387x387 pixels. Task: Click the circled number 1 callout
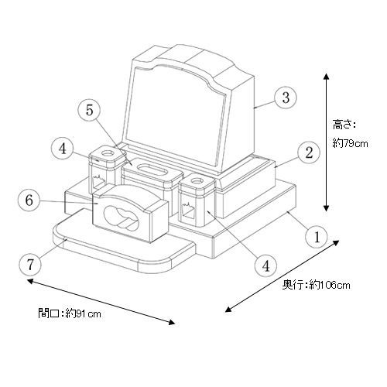pyautogui.click(x=317, y=236)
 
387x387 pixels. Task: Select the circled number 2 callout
pyautogui.click(x=309, y=152)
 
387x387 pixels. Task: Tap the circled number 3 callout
pyautogui.click(x=286, y=98)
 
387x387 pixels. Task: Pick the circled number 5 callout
pyautogui.click(x=89, y=110)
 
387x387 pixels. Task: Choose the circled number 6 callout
pyautogui.click(x=29, y=200)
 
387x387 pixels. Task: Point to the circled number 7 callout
pyautogui.click(x=30, y=265)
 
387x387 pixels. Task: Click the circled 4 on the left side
pyautogui.click(x=63, y=149)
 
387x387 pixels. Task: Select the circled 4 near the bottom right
pyautogui.click(x=265, y=265)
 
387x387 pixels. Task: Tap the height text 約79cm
pyautogui.click(x=350, y=143)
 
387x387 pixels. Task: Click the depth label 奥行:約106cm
pyautogui.click(x=316, y=285)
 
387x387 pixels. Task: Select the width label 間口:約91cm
pyautogui.click(x=70, y=313)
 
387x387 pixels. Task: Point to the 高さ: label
pyautogui.click(x=344, y=125)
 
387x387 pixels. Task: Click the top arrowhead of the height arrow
pyautogui.click(x=327, y=77)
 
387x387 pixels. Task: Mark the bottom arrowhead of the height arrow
pyautogui.click(x=327, y=208)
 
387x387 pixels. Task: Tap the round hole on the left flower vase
pyautogui.click(x=107, y=153)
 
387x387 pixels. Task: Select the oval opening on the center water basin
pyautogui.click(x=152, y=170)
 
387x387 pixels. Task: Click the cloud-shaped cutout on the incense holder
pyautogui.click(x=122, y=217)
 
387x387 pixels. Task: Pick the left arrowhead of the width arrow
pyautogui.click(x=30, y=281)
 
